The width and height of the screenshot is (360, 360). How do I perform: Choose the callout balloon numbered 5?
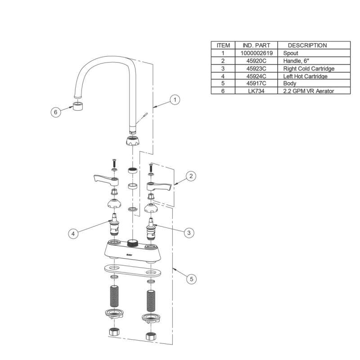point(191,279)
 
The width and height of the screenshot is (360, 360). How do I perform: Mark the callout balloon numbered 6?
point(56,112)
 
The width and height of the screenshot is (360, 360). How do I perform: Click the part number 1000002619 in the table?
point(257,53)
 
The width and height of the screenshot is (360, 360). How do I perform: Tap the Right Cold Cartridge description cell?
point(309,68)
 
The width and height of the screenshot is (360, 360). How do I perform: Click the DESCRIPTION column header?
point(307,45)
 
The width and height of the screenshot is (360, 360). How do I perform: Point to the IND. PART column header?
point(257,45)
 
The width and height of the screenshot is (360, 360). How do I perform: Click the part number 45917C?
point(257,84)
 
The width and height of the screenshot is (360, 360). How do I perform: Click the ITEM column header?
point(223,45)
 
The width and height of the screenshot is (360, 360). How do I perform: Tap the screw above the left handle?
point(114,163)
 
